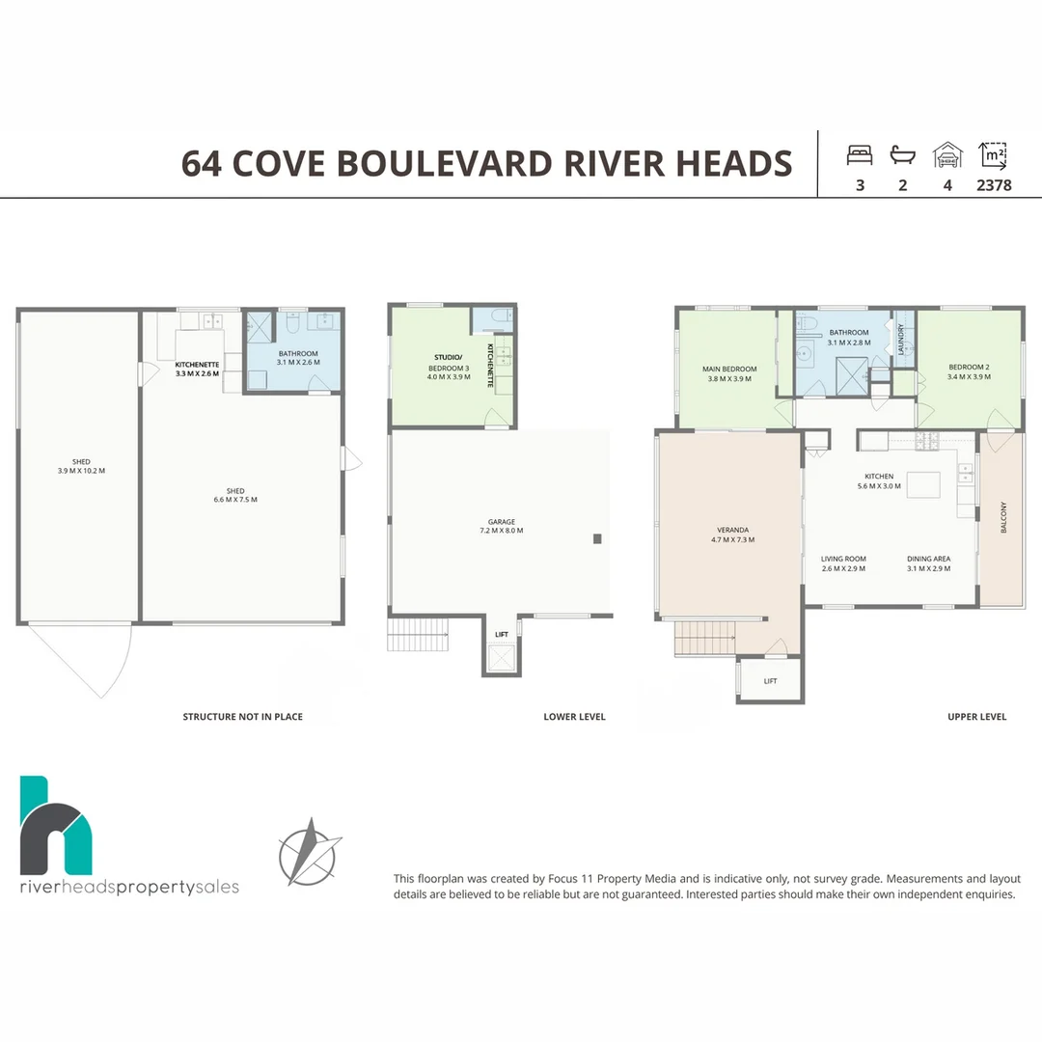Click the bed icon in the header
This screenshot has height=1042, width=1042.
[x=860, y=155]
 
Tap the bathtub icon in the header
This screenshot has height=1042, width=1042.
[x=902, y=155]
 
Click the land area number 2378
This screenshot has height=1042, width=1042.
[x=994, y=185]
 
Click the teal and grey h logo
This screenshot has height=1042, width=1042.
[x=56, y=825]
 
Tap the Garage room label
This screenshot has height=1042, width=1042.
[x=501, y=527]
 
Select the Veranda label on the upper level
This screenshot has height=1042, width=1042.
[x=732, y=535]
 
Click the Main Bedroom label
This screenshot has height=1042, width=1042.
[x=729, y=373]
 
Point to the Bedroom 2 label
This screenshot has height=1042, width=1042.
[x=969, y=371]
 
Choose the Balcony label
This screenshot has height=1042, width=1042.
[x=1003, y=517]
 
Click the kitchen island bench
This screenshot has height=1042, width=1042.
[x=923, y=484]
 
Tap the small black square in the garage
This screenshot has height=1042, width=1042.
[x=597, y=539]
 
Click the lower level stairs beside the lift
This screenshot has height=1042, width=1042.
[x=418, y=634]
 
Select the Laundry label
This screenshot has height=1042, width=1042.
[x=901, y=339]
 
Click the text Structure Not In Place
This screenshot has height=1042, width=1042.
[x=242, y=716]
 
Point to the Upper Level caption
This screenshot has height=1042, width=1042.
[x=976, y=716]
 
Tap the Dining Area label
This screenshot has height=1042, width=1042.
[x=928, y=563]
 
